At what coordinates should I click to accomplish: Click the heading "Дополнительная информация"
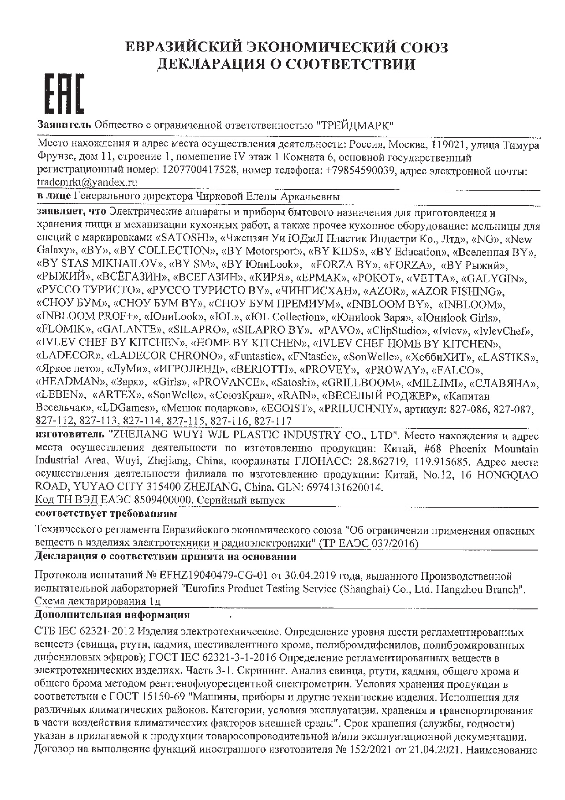pos(112,615)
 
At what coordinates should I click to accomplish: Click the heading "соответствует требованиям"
pos(105,514)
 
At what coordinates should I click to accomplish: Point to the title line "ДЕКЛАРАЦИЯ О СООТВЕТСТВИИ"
pos(286,64)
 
